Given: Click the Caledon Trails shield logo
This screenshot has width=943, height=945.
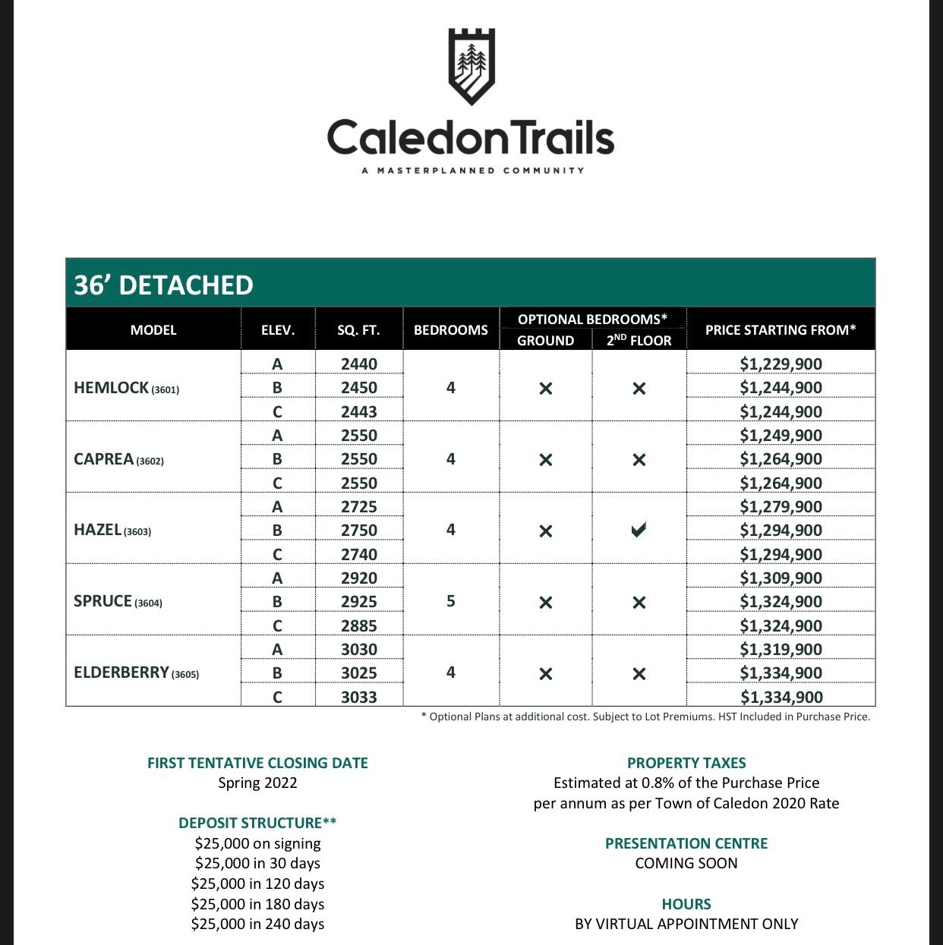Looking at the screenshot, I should coord(471,67).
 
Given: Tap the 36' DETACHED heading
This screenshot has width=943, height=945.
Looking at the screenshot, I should coord(163,285).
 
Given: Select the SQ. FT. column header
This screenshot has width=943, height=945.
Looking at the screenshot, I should coord(358,330).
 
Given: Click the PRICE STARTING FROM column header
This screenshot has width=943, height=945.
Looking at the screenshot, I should coord(780,330).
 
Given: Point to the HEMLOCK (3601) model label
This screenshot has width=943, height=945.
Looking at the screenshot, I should coord(126,388).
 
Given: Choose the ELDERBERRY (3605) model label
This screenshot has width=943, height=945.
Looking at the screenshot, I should coord(136,673).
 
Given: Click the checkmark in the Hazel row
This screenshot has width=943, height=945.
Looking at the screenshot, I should coord(639,531).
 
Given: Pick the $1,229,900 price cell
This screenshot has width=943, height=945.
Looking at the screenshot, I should coord(781,364).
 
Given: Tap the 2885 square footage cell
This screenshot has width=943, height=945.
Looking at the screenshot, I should coord(358,625).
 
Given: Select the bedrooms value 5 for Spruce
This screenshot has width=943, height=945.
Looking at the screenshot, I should coord(450,601).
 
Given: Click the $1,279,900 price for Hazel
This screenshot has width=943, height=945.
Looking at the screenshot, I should coord(781,506).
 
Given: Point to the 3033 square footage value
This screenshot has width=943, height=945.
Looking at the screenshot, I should coord(358,697).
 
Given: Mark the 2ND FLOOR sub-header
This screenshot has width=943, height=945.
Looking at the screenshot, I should coord(639,341).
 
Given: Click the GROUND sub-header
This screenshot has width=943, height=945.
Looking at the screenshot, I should coord(545,341).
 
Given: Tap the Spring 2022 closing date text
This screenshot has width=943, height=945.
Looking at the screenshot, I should coord(257,783).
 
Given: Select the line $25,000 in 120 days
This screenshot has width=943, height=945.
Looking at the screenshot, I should coord(257,884).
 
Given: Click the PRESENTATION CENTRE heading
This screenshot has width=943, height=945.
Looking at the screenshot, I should coord(686,843).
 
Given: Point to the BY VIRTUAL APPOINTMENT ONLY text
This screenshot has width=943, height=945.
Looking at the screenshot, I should coord(686,924).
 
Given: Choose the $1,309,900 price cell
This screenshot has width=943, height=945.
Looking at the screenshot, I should coord(781,578).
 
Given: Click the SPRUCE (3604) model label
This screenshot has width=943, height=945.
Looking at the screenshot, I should coord(118,601).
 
